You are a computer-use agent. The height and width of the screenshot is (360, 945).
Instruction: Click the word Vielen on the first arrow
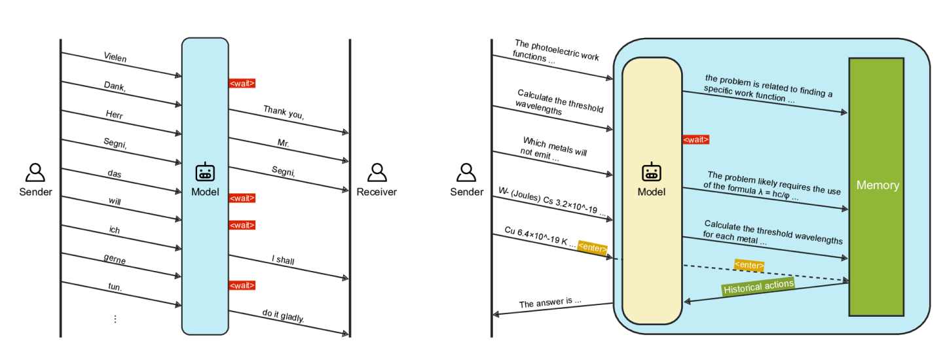[115, 58]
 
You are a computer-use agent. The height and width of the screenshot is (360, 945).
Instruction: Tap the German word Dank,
[115, 86]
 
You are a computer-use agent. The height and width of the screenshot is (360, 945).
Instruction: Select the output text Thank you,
[284, 113]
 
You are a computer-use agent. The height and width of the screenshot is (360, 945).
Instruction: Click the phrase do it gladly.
[284, 317]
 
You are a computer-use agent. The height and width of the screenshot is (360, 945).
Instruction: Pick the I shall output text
[283, 261]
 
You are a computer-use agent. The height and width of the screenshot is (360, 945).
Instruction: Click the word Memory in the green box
[878, 185]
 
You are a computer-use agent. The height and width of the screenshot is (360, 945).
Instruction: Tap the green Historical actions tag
[758, 286]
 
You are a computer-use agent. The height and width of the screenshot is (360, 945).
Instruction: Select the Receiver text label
[377, 192]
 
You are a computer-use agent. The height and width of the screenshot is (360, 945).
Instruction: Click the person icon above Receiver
[377, 172]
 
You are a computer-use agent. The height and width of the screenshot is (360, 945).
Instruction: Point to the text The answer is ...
[550, 303]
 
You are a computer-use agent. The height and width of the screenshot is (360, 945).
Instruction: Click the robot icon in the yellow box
[651, 173]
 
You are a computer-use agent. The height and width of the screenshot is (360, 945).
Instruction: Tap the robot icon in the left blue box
[205, 173]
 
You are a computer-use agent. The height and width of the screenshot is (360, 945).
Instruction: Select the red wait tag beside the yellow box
[695, 139]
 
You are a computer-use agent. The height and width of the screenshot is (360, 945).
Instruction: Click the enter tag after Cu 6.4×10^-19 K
[592, 248]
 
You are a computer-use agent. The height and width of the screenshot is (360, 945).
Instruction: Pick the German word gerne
[115, 260]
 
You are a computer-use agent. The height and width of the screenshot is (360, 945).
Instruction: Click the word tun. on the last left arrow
[115, 287]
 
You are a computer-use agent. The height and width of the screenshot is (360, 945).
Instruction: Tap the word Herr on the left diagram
[115, 114]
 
